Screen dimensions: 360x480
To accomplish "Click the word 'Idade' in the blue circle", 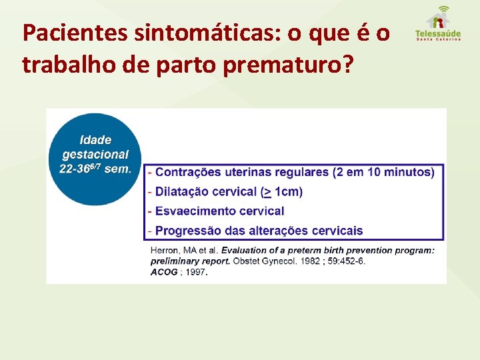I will click(x=95, y=140).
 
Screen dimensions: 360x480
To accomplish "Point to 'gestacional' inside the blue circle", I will click(x=95, y=155).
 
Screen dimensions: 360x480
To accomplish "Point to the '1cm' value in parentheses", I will click(x=287, y=192).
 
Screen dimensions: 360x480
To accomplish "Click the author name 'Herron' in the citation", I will click(x=165, y=251).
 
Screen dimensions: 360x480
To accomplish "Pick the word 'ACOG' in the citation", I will click(x=164, y=272).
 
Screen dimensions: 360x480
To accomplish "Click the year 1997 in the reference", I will click(x=196, y=272).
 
